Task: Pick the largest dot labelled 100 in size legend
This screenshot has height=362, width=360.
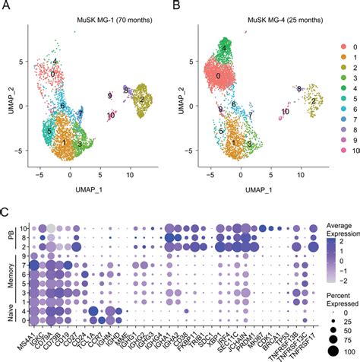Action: point(331,350)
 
